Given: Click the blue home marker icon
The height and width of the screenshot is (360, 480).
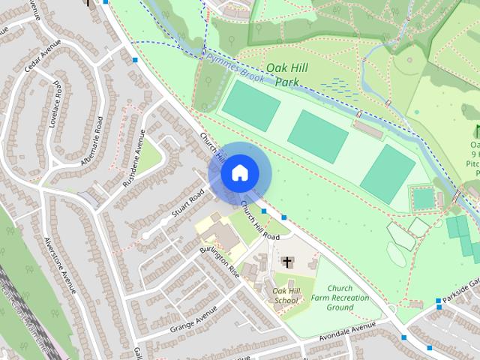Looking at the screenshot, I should point(238,172).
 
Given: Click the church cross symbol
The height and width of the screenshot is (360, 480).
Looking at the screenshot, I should point(286,262).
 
